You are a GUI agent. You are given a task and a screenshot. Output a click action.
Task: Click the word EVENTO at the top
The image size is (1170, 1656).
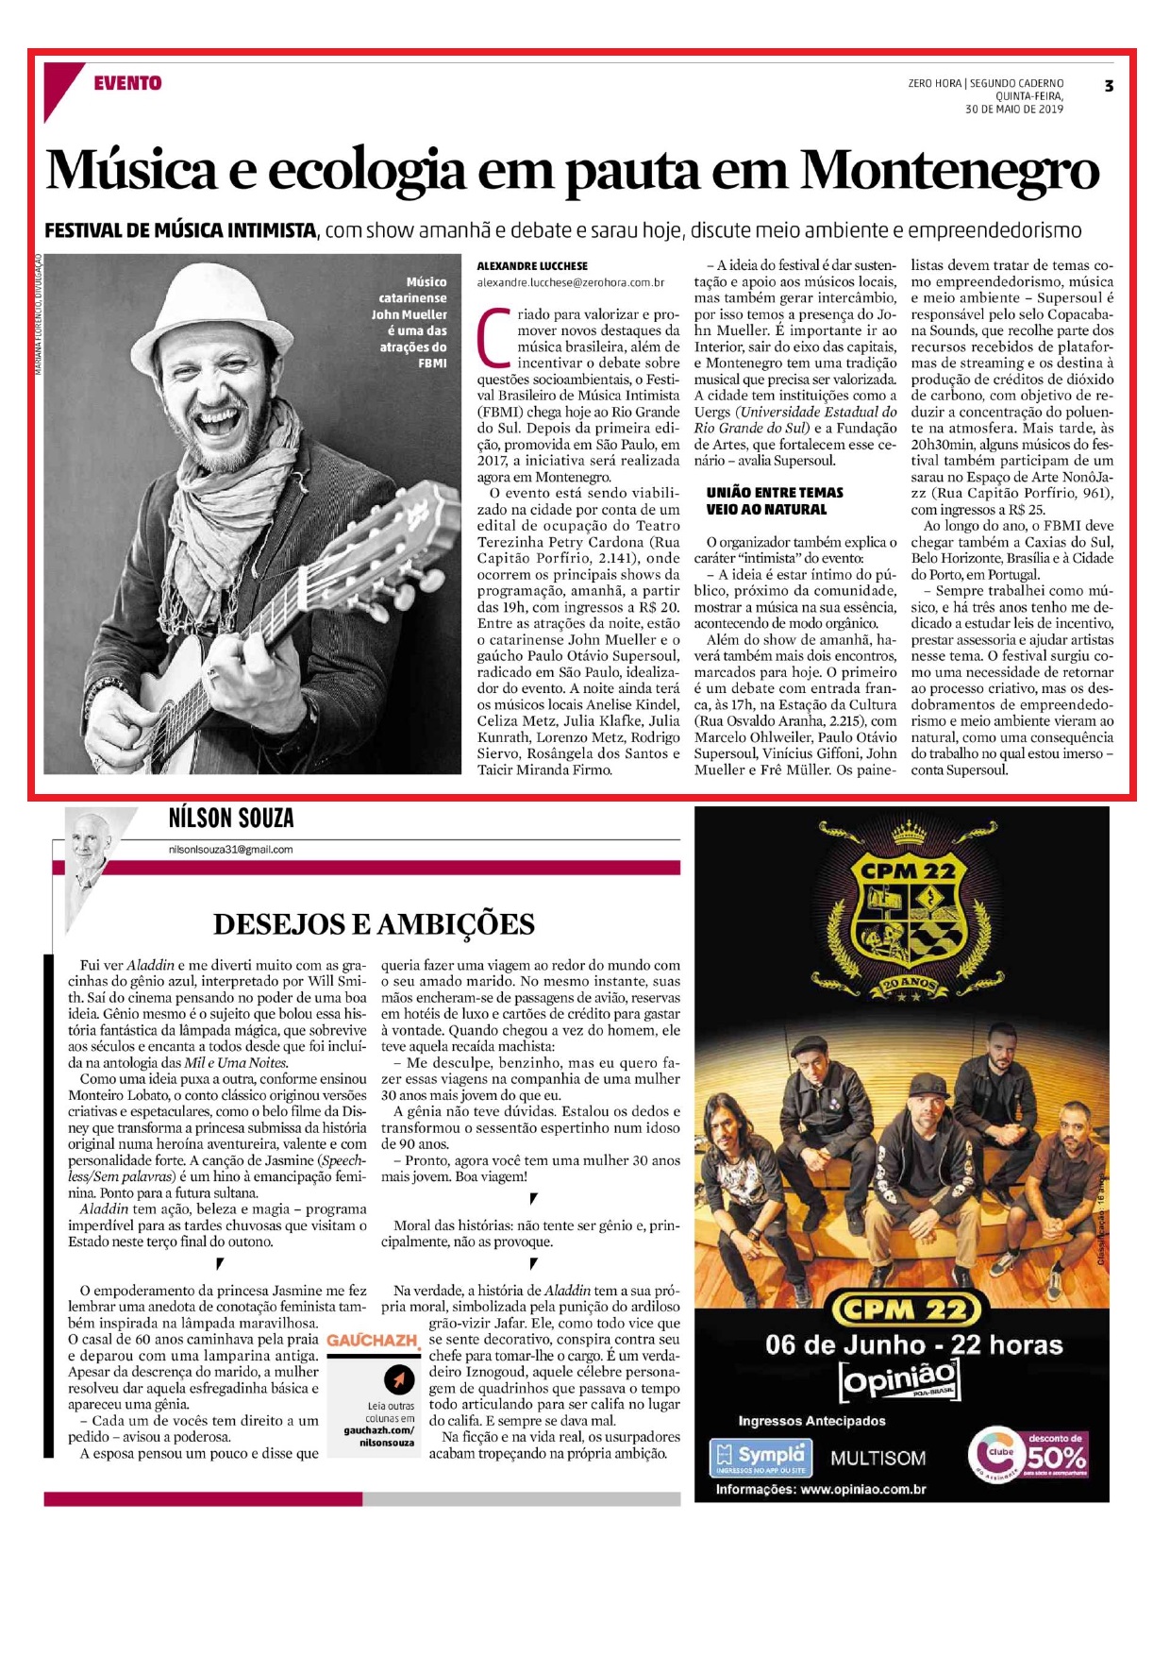coord(127,83)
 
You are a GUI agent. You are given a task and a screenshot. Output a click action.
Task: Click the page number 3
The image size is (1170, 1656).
coord(1109,86)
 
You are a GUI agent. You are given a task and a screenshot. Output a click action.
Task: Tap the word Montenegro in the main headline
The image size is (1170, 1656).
coord(949,171)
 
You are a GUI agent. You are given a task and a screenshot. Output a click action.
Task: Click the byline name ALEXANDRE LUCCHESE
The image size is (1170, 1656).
coord(532,266)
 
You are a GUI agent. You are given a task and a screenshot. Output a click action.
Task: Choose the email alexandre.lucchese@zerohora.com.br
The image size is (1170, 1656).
coord(570,282)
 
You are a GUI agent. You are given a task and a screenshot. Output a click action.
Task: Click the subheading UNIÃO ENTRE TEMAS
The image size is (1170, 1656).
coord(775,493)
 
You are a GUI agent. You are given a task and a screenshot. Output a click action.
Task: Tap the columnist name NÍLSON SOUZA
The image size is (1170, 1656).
coord(231,818)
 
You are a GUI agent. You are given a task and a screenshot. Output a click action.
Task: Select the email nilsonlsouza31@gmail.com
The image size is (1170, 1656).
coord(230,850)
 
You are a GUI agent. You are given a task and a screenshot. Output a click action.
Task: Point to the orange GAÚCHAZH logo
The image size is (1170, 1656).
coord(373,1341)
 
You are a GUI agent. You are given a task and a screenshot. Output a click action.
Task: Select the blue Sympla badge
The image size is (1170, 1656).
coord(760,1457)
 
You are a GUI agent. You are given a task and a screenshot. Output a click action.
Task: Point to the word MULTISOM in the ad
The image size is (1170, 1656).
coord(877,1459)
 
